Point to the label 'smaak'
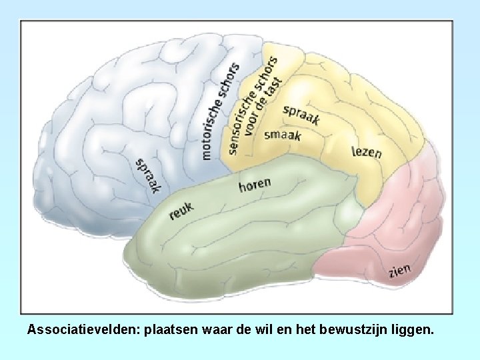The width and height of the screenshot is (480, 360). pos(283,135)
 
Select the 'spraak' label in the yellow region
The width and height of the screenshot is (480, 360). pos(301,115)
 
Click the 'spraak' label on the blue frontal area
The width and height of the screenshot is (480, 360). pos(148,175)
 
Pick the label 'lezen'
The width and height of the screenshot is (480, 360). pos(367,152)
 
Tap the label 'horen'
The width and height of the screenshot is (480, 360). pos(255,184)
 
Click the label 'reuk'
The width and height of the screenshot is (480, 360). pos(181,211)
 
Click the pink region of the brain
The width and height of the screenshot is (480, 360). pos(393,220)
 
